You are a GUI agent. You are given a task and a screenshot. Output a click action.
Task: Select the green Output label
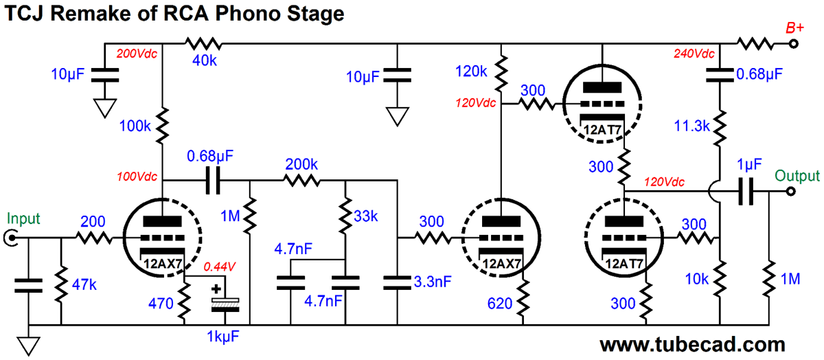coord(797,175)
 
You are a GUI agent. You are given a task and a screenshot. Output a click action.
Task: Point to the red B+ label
coord(795,28)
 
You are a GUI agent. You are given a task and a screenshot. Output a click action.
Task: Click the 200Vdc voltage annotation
coord(137,54)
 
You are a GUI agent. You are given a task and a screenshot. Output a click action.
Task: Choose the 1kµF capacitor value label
coord(219,337)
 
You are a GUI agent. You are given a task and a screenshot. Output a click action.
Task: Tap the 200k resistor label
coord(301,166)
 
